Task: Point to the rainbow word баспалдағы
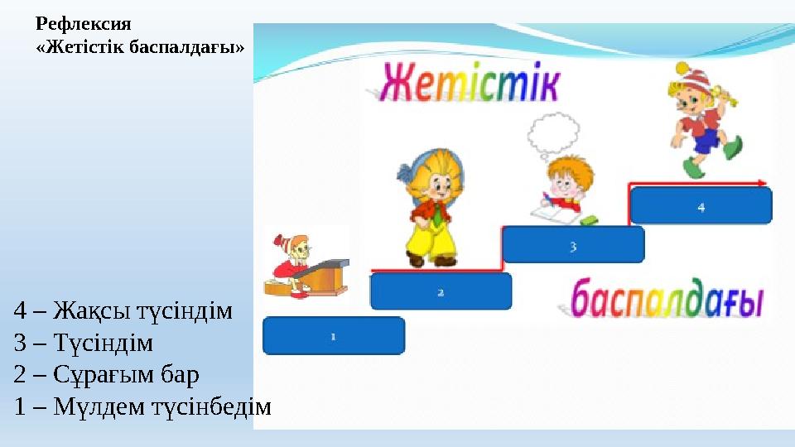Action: (x=667, y=300)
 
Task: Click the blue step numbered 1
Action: (x=334, y=336)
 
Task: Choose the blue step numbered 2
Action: (x=441, y=291)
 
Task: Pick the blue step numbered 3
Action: (x=573, y=245)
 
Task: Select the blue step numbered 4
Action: (x=701, y=206)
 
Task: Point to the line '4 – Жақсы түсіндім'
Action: (x=123, y=311)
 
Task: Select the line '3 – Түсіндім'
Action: (x=84, y=343)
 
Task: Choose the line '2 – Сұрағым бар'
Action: (x=107, y=375)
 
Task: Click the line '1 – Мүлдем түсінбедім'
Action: (x=142, y=406)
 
